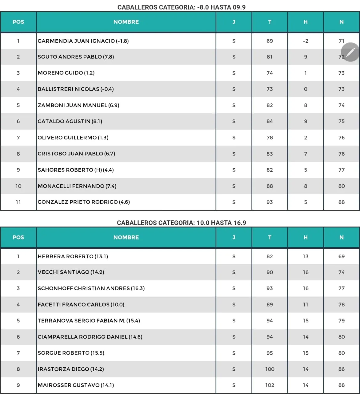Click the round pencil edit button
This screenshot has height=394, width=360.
click(x=350, y=52)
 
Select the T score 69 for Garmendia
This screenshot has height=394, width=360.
click(x=270, y=41)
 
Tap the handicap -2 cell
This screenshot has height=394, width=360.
click(x=305, y=41)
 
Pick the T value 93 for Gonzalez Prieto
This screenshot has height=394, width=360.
click(x=270, y=202)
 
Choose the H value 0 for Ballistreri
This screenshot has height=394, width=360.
click(x=305, y=89)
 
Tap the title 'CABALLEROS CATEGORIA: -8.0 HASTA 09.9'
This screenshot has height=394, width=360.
click(x=181, y=7)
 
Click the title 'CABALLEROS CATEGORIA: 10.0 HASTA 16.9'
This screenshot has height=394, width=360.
click(x=181, y=223)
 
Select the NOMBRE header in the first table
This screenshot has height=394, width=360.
click(x=126, y=22)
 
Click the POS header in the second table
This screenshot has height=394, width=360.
click(x=18, y=237)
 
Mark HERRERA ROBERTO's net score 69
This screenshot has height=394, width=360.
click(x=341, y=256)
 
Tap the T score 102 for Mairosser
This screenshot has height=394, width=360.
click(x=270, y=385)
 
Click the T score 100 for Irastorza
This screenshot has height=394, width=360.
click(x=270, y=369)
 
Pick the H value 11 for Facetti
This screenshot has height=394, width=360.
click(x=305, y=305)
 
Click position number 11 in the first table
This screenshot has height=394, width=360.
click(x=18, y=202)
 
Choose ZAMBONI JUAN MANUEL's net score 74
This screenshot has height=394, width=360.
click(x=341, y=105)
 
